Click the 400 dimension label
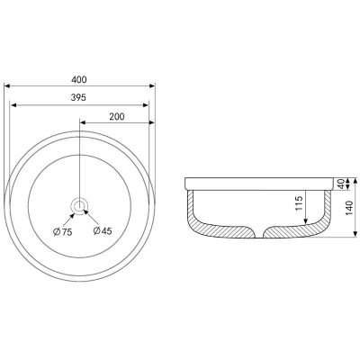(x=79, y=79)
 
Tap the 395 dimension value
(x=78, y=97)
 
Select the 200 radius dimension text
(x=117, y=116)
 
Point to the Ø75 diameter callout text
(x=62, y=231)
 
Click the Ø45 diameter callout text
(x=103, y=230)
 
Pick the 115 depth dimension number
(x=299, y=203)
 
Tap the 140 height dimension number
(x=349, y=208)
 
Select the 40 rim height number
(x=340, y=184)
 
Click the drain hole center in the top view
(x=79, y=206)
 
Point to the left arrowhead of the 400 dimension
(x=7, y=86)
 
